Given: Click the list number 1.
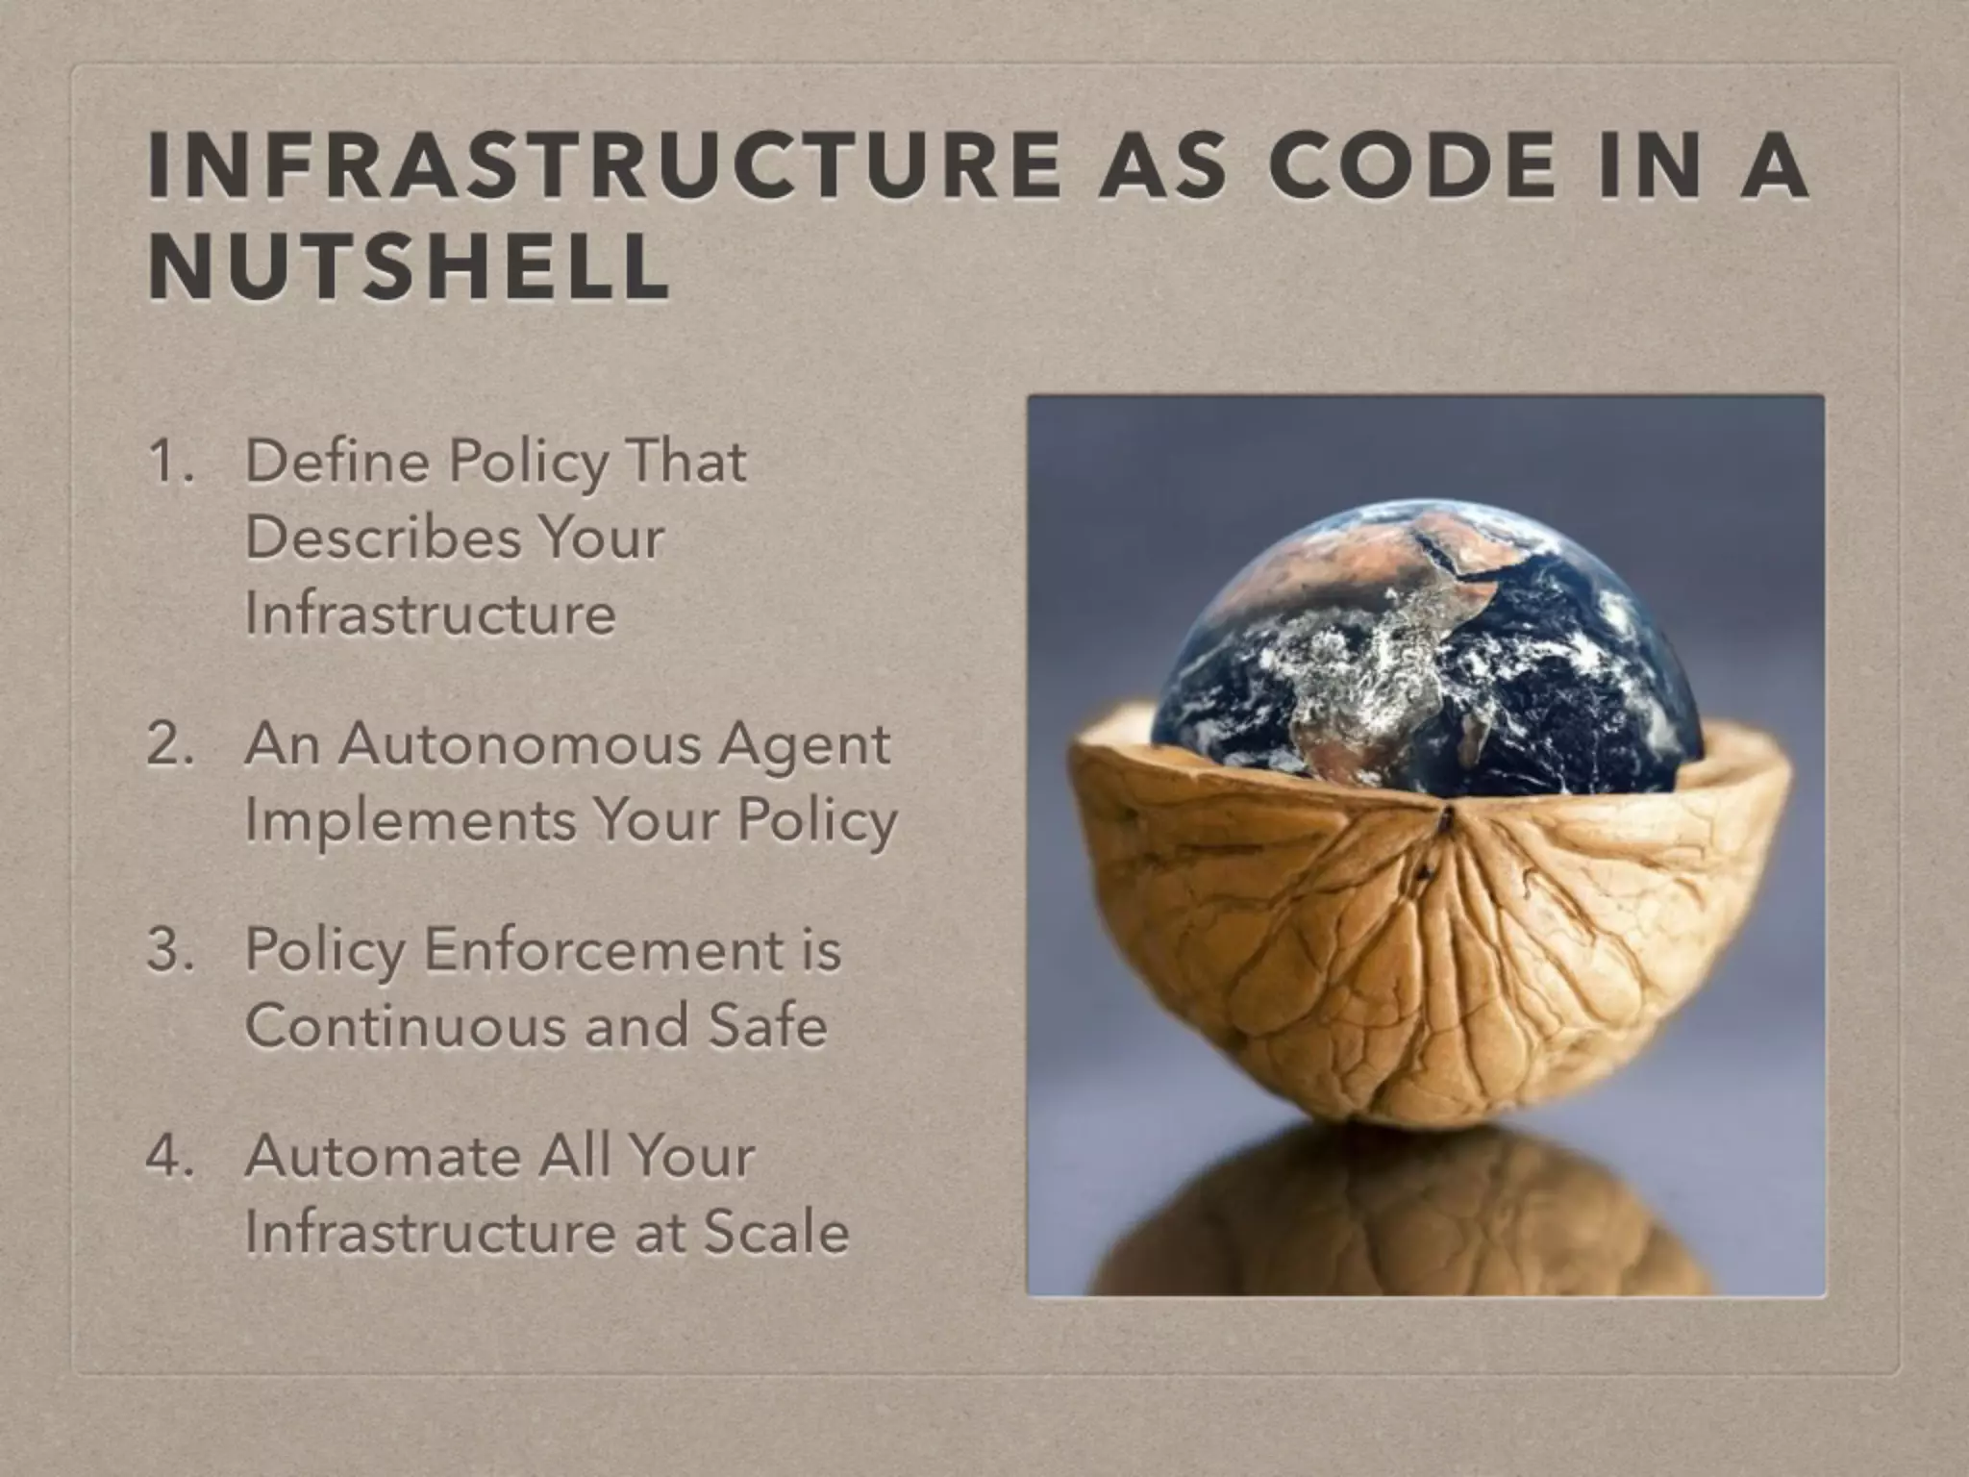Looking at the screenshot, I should click(169, 463).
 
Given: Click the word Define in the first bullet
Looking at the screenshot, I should click(336, 462).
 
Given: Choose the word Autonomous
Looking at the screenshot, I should click(519, 745).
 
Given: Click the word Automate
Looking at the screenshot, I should click(383, 1156).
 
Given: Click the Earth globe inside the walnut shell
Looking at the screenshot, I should click(1428, 654).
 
